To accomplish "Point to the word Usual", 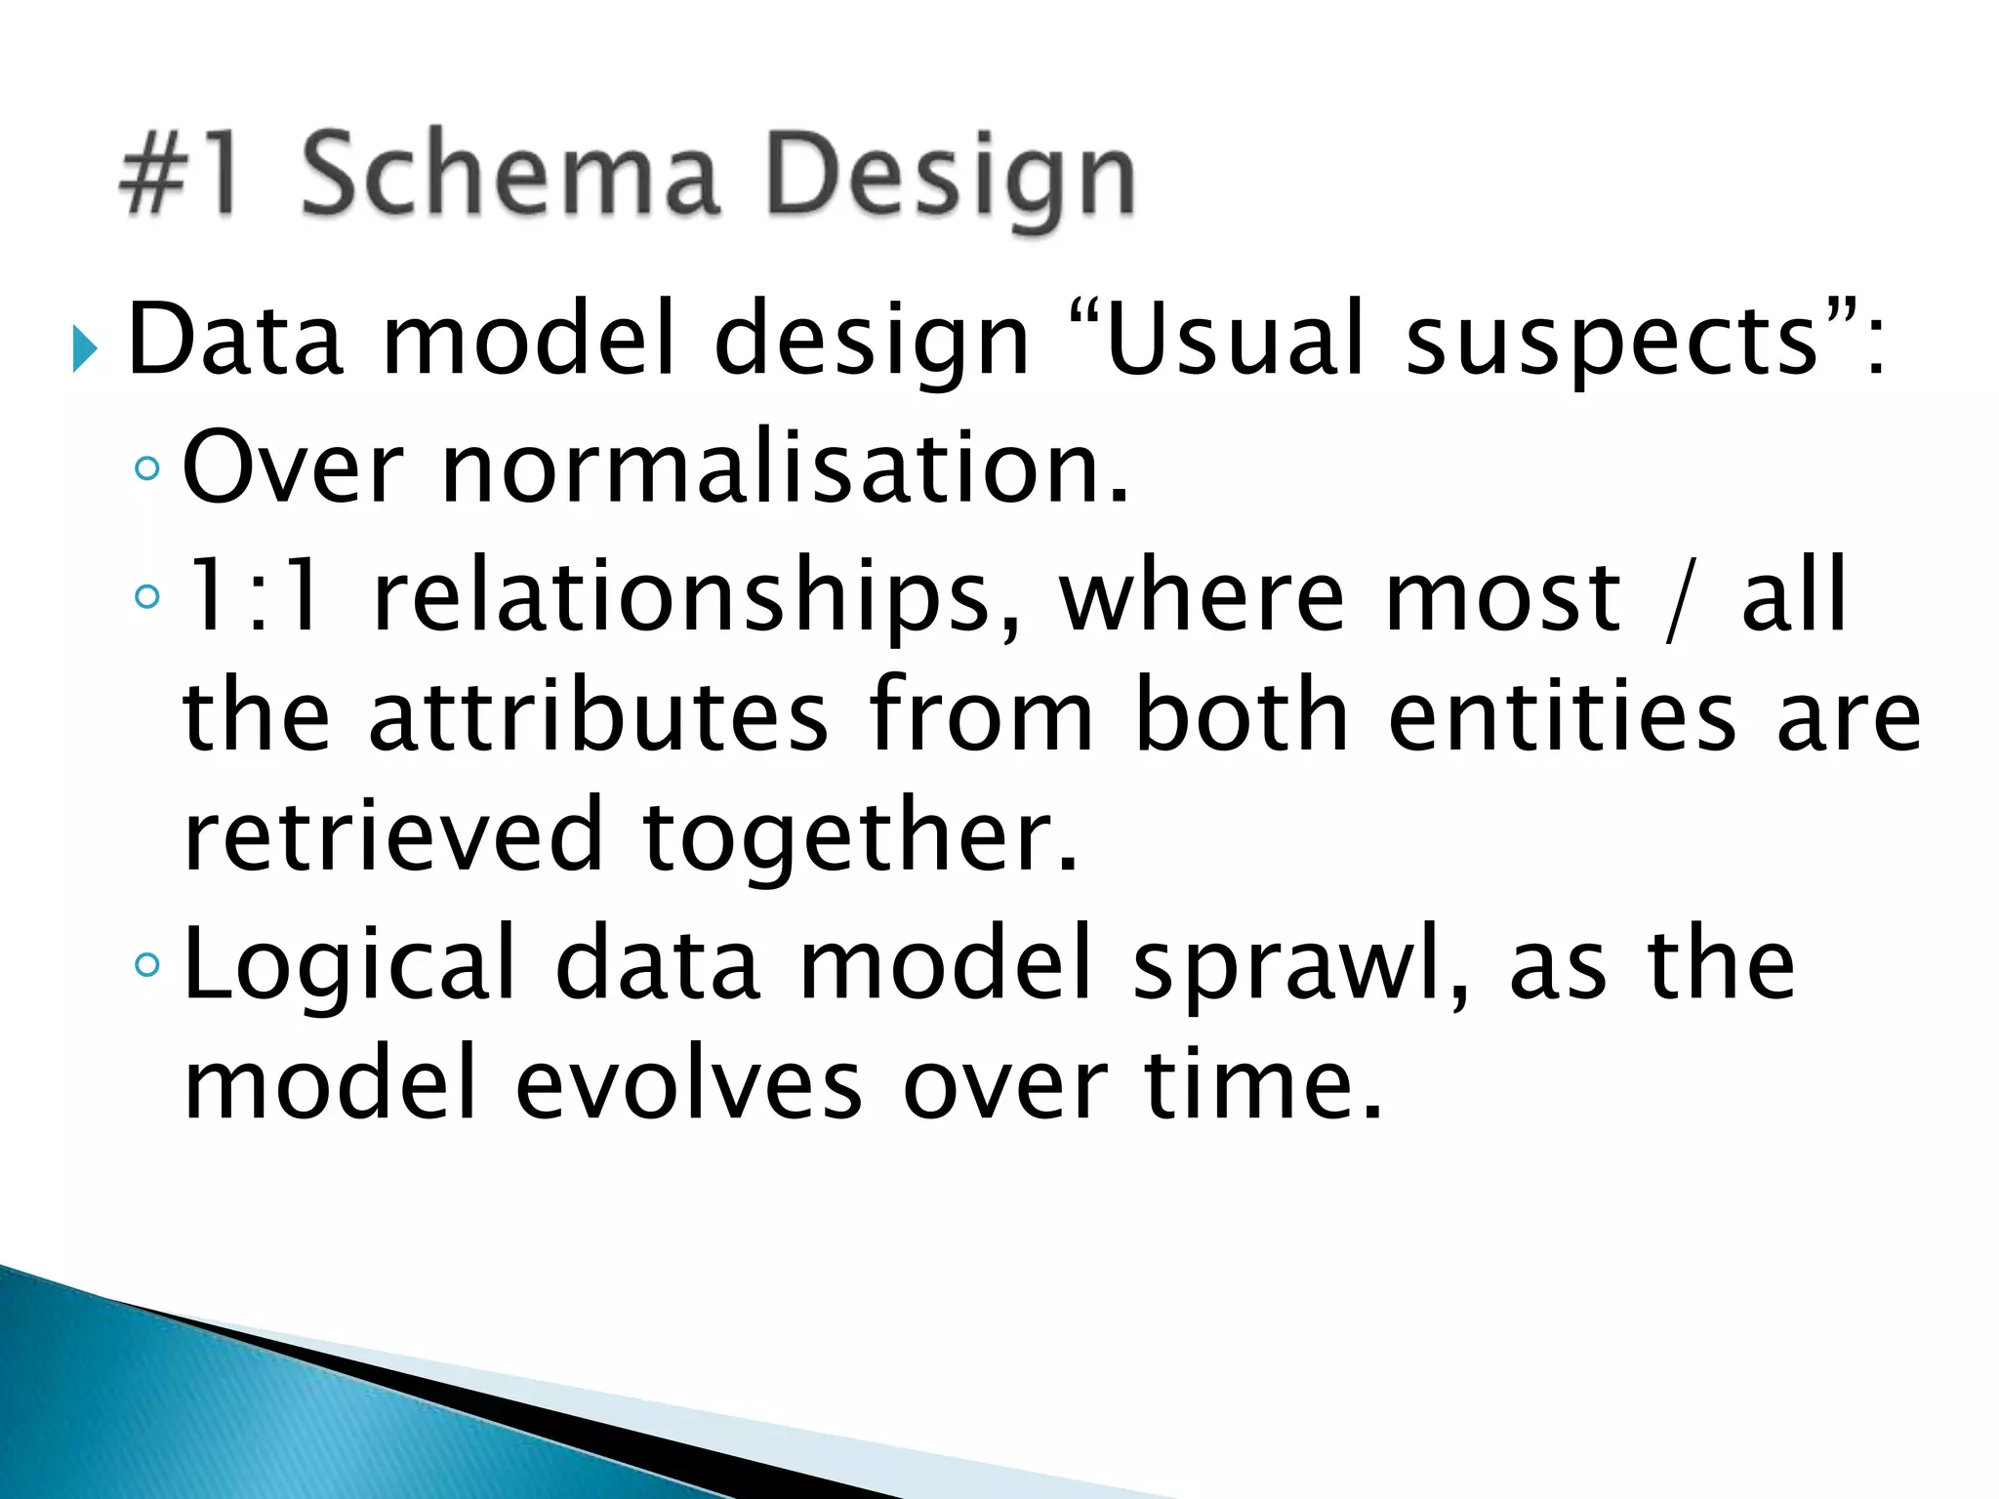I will (x=1234, y=339).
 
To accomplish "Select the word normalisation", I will (x=785, y=468).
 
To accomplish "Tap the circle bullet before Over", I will (x=147, y=469).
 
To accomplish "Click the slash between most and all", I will (x=1676, y=598).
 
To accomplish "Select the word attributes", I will (x=598, y=717).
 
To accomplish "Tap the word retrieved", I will (x=393, y=835).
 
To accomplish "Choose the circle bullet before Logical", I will (x=147, y=965).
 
